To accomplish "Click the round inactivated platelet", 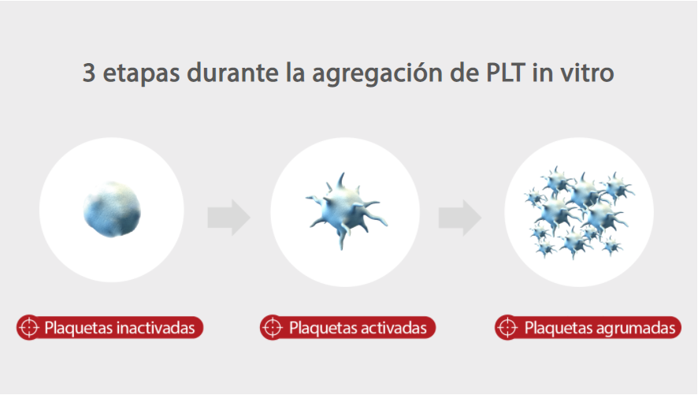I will [112, 210].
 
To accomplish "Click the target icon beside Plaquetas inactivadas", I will [29, 326].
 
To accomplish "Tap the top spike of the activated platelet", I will [340, 178].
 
